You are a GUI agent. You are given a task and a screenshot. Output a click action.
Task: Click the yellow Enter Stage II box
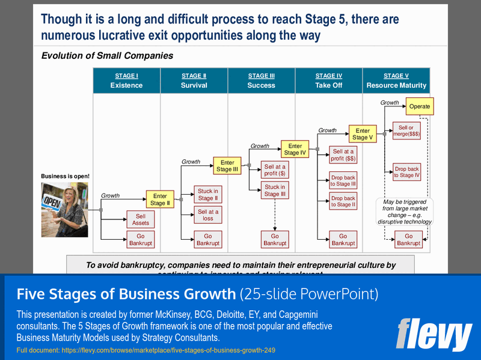160,200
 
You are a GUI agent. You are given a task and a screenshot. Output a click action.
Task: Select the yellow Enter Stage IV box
295,149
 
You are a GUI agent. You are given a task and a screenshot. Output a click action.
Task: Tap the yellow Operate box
419,106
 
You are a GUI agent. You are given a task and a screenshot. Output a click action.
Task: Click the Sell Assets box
140,219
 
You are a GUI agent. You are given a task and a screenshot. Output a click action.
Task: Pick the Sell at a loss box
207,215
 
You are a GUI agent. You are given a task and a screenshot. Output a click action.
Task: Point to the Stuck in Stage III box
275,191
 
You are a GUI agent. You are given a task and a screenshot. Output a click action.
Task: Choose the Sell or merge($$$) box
406,131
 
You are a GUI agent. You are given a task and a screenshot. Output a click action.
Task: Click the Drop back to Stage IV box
406,172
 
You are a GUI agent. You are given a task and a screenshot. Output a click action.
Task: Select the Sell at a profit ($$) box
343,155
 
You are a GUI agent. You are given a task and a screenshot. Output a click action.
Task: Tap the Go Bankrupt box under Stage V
408,240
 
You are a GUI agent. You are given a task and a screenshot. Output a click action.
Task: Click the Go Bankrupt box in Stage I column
140,240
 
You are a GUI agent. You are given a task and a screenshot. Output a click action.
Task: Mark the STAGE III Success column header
261,81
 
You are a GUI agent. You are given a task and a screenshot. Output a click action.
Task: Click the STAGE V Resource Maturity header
396,81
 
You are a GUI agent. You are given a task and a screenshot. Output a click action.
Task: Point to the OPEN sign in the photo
52,202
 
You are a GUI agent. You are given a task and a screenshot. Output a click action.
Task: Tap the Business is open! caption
65,176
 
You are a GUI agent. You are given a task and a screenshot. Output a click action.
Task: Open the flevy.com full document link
146,350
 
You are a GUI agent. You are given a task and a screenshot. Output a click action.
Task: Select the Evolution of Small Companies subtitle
107,56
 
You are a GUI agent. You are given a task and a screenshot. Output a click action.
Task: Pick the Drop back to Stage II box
343,201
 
